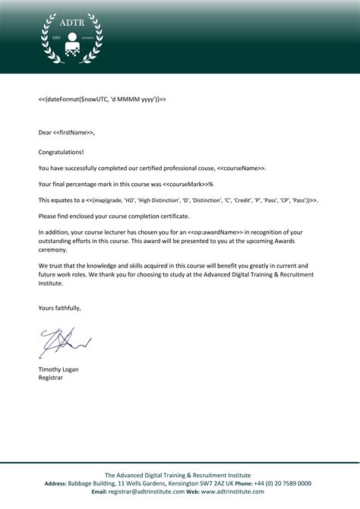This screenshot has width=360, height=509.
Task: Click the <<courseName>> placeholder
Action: (x=242, y=168)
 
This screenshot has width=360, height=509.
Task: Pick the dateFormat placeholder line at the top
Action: (x=102, y=100)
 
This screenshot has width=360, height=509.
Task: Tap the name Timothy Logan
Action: (x=58, y=369)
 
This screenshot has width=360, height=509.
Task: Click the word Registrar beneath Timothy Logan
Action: (x=52, y=378)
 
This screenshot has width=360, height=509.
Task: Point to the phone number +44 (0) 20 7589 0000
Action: (x=283, y=483)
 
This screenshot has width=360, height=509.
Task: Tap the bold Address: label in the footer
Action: (x=56, y=483)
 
